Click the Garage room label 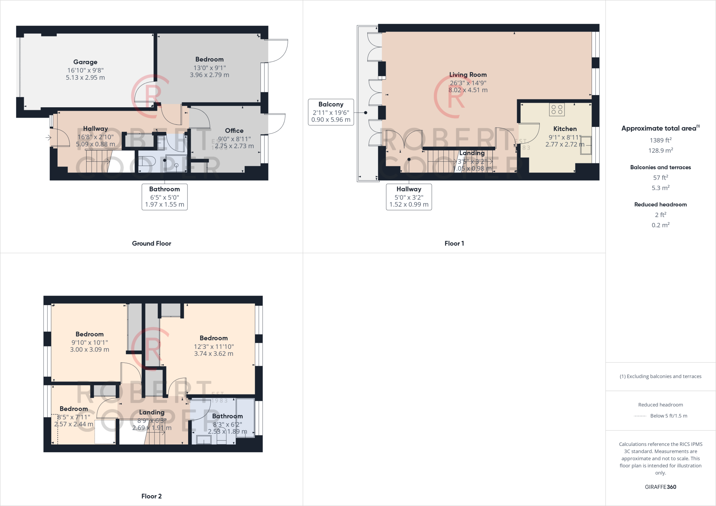pos(85,62)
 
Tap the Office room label pos(234,131)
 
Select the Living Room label pos(468,75)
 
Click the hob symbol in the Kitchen pos(557,109)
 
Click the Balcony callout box pos(331,112)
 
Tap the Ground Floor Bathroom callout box pos(164,197)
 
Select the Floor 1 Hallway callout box pos(409,197)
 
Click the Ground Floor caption pos(151,244)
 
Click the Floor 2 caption pos(151,496)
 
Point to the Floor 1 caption pos(454,244)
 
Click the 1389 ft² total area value pos(660,140)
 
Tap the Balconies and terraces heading pos(660,167)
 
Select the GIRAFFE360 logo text pos(660,487)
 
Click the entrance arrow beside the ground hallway pos(48,138)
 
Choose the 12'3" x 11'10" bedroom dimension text pos(214,347)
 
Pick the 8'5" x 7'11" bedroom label pos(73,409)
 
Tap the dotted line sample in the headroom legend pos(640,416)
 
